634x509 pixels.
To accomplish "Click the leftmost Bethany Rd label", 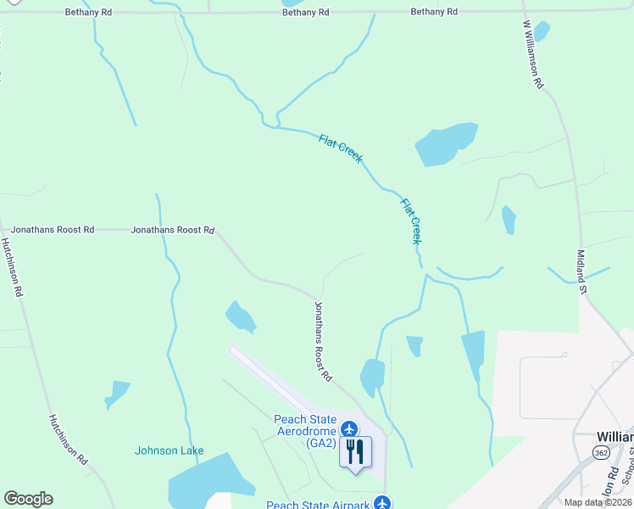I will [89, 13].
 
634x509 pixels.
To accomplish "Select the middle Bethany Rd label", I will [305, 13].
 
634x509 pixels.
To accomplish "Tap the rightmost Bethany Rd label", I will [434, 12].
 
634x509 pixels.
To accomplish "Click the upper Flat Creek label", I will [341, 148].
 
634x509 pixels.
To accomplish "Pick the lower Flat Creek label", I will [411, 221].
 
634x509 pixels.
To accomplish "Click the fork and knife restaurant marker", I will [355, 452].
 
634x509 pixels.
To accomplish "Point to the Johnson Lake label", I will [169, 450].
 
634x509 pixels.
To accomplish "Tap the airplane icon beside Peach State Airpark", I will [382, 503].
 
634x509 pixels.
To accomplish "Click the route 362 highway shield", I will [601, 453].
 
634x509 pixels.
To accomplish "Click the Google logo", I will [28, 499].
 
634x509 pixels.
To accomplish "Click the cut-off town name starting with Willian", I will [615, 436].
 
